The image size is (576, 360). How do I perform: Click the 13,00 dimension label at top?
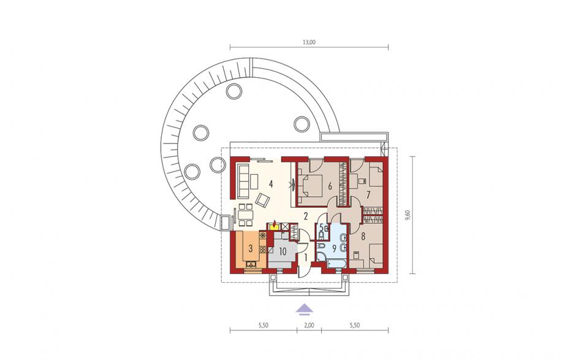tap(309, 42)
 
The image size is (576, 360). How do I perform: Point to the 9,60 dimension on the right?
tap(407, 215)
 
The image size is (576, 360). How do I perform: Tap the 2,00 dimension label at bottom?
tap(309, 325)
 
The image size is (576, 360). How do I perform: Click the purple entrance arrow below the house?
tap(305, 310)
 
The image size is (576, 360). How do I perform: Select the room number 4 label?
tap(271, 184)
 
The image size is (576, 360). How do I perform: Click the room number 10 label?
tap(282, 252)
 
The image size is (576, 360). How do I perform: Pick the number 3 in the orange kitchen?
tap(251, 248)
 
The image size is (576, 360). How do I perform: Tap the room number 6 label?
tap(330, 186)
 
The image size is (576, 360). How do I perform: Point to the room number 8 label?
tap(363, 236)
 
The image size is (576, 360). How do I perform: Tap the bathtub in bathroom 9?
tap(336, 263)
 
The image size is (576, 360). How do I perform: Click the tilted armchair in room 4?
tap(263, 200)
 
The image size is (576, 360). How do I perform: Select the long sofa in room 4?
tap(242, 180)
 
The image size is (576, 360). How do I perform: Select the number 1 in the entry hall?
tap(304, 258)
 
